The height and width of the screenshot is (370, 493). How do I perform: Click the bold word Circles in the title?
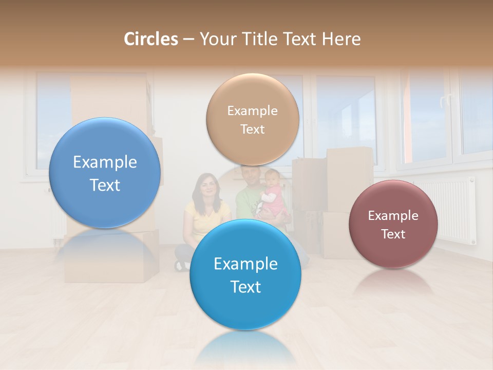[x=151, y=39]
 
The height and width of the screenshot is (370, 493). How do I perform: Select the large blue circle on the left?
[x=105, y=172]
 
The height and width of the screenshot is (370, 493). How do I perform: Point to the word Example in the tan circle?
[x=252, y=111]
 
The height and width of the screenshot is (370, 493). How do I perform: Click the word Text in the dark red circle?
[x=393, y=234]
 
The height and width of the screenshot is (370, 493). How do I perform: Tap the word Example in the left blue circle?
[x=105, y=162]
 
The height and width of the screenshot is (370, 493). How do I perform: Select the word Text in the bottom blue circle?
[x=245, y=287]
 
